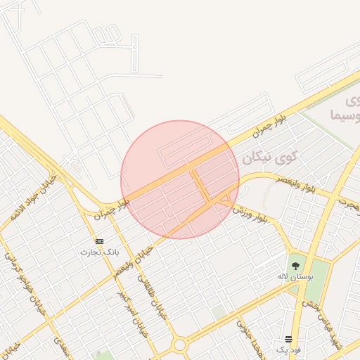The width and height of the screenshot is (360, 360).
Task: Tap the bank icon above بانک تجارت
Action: tap(99, 241)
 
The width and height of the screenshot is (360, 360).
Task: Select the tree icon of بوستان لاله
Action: tap(295, 266)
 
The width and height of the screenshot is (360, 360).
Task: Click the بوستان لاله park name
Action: tap(295, 278)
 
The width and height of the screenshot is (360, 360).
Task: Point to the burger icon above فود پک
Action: tap(288, 340)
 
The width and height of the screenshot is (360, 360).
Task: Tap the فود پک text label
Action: tap(288, 349)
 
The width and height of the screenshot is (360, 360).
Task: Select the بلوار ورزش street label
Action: tap(250, 214)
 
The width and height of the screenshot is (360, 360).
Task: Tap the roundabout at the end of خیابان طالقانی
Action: tap(180, 345)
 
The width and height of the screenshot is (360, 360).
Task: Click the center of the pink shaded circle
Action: tap(180, 179)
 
